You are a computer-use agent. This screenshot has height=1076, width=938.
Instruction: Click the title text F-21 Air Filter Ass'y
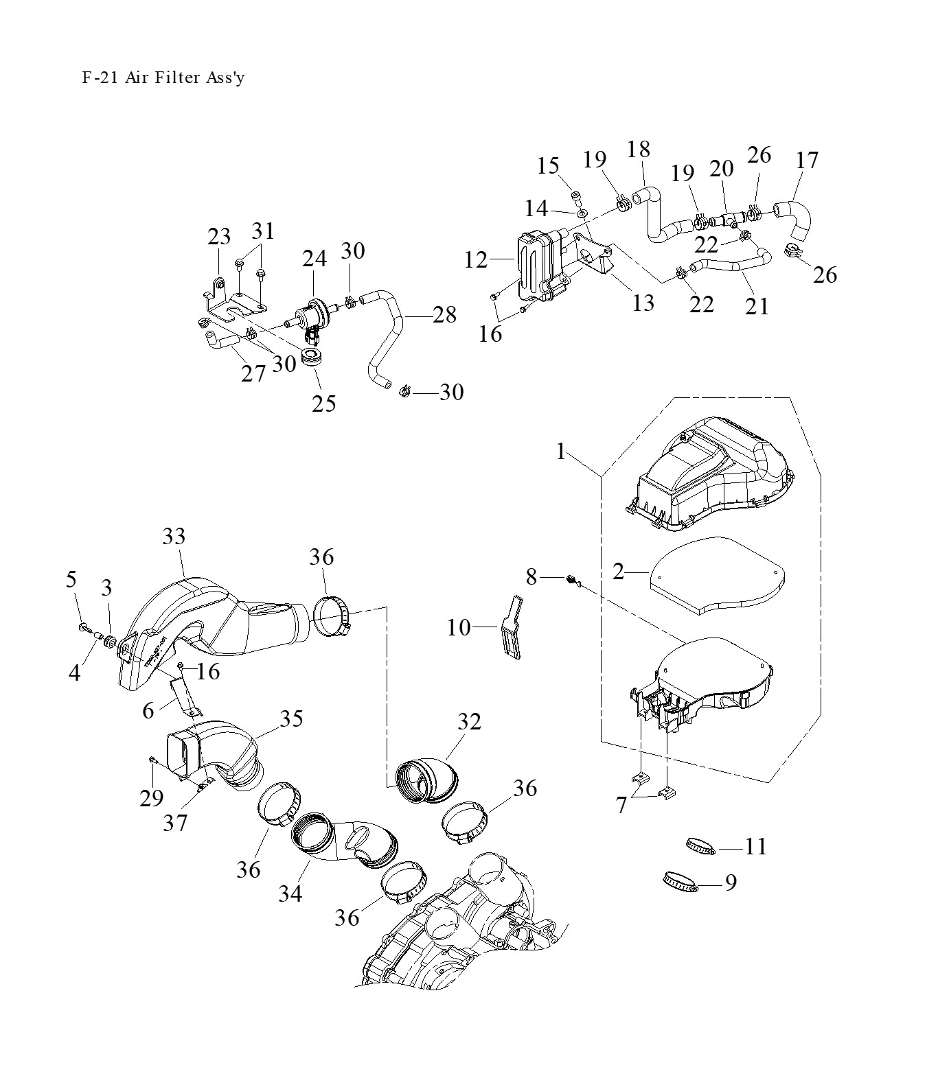click(x=163, y=78)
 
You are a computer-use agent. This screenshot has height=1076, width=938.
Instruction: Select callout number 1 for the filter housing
click(x=562, y=452)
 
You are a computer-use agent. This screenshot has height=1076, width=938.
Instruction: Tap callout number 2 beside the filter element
click(x=619, y=571)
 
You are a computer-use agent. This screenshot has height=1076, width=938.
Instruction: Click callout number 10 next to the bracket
click(x=459, y=627)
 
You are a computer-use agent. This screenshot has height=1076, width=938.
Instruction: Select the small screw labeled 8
click(x=570, y=581)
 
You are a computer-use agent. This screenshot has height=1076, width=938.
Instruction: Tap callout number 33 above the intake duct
click(x=174, y=537)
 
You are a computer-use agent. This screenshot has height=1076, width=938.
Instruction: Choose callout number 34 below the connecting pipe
click(x=290, y=893)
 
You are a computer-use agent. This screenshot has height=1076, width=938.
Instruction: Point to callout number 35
click(x=291, y=718)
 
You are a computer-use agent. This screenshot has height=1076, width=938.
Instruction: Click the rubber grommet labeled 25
click(x=312, y=358)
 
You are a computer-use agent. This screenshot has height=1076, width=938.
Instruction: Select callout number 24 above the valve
click(x=314, y=259)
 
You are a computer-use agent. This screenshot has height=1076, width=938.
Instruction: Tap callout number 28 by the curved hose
click(x=445, y=315)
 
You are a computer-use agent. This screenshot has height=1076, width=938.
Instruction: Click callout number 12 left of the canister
click(x=475, y=260)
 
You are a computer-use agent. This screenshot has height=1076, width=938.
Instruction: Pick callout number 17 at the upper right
click(x=807, y=160)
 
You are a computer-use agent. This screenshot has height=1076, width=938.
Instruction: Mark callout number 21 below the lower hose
click(x=757, y=305)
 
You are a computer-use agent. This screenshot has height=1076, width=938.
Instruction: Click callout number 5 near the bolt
click(x=71, y=580)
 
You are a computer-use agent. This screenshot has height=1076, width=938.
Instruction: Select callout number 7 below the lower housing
click(x=621, y=804)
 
